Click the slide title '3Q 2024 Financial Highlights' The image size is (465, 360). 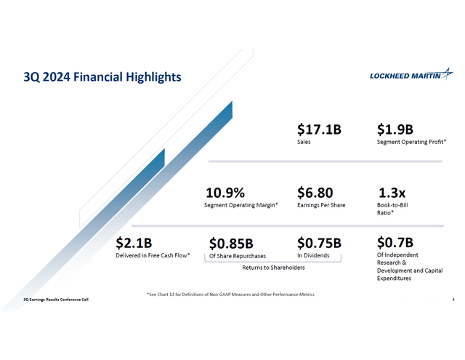tap(102, 76)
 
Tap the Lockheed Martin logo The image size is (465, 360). tap(411, 76)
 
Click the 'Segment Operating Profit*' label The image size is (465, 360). tap(411, 143)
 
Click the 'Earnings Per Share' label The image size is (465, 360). tap(321, 206)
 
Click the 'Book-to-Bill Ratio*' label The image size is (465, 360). tap(392, 209)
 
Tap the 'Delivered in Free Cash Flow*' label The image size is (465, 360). tap(153, 255)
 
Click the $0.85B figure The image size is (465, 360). tap(231, 242)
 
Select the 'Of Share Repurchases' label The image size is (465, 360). tap(238, 256)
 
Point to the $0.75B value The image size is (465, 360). tap(319, 242)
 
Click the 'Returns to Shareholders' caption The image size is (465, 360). tap(273, 268)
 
